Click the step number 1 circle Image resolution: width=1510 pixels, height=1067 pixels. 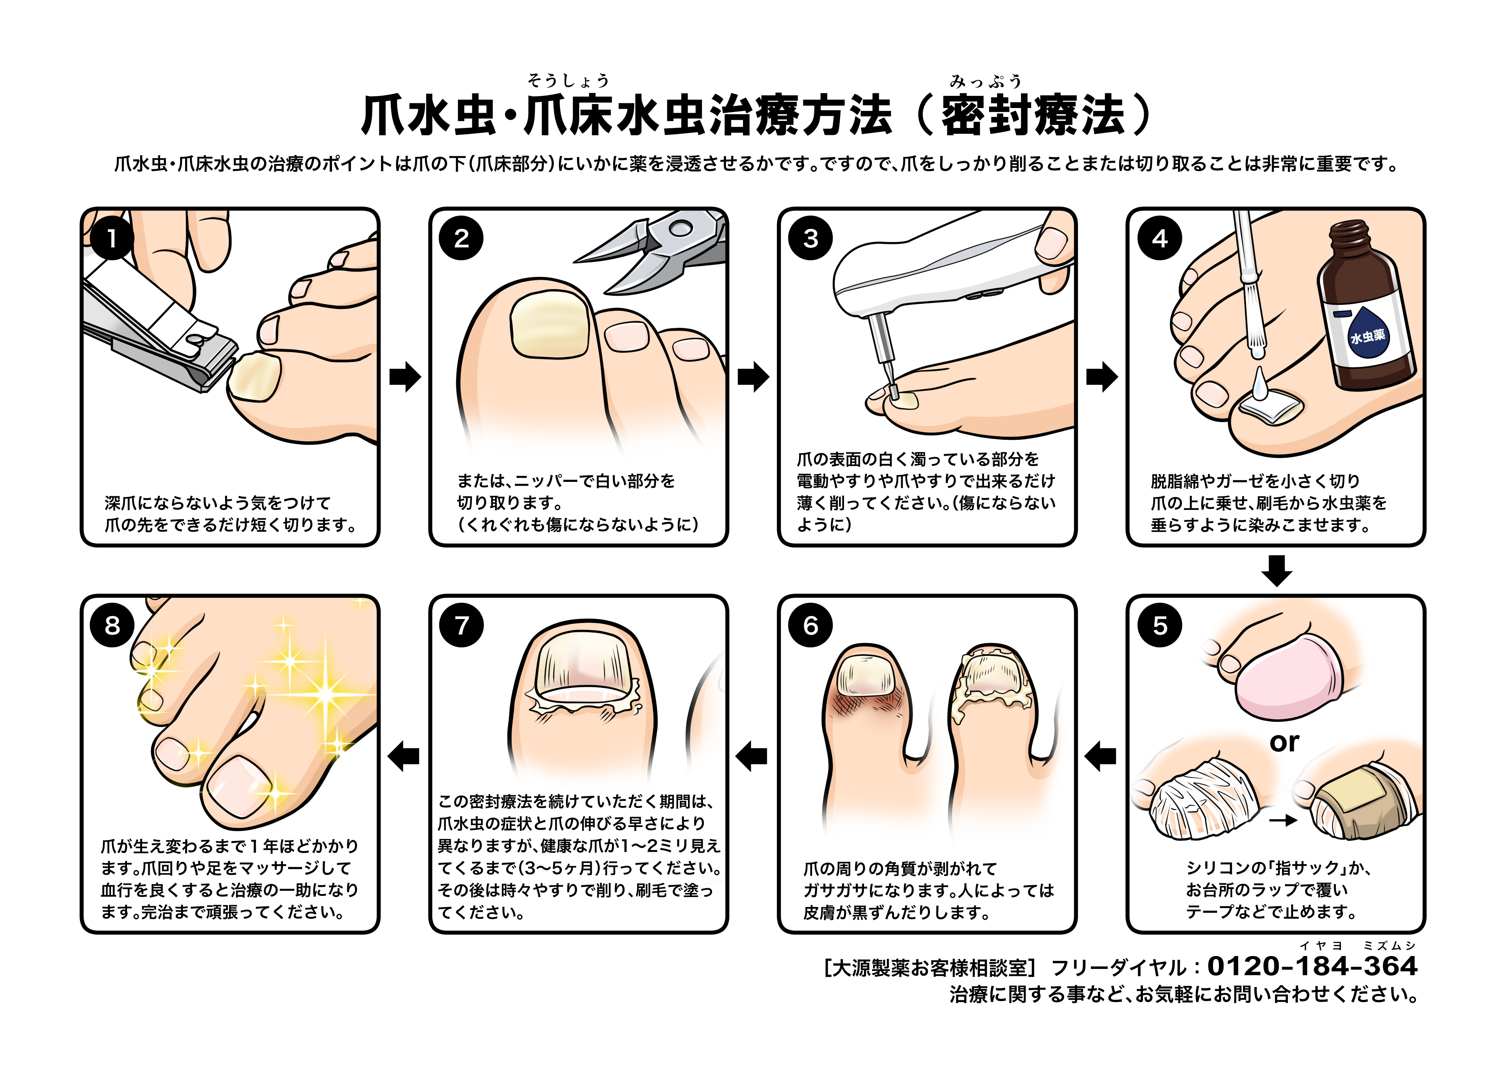[x=112, y=238]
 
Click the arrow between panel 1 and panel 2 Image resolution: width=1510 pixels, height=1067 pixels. [x=404, y=377]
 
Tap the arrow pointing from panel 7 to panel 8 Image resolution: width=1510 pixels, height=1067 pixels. [x=404, y=756]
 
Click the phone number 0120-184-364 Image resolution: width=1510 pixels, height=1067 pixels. [x=1312, y=966]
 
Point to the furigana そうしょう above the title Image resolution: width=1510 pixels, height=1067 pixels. [x=568, y=81]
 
